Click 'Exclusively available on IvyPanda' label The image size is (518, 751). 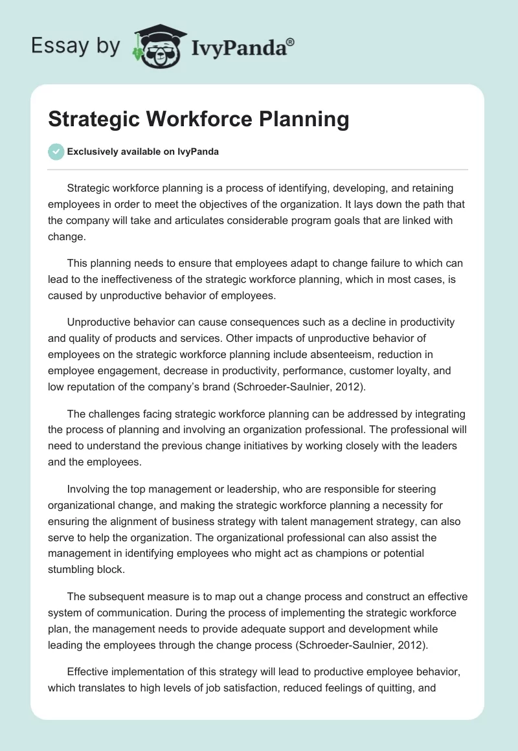coord(142,151)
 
